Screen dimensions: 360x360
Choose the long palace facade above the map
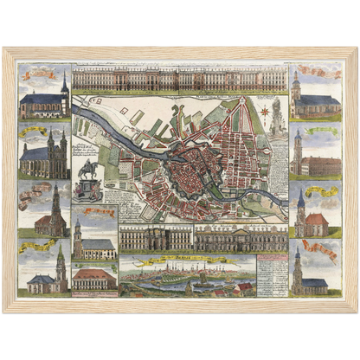click(180, 79)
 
